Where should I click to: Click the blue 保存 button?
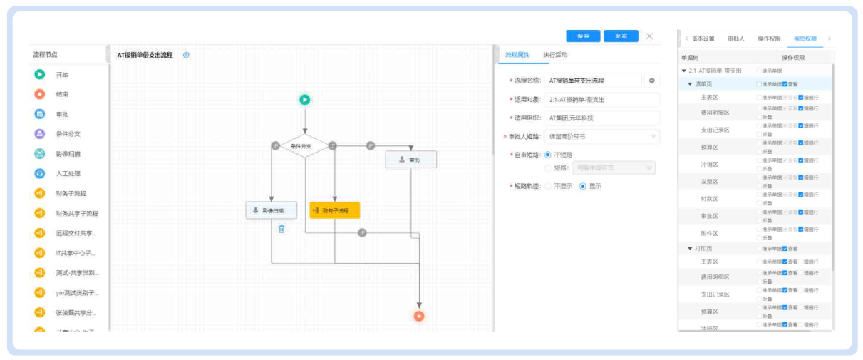[x=583, y=36]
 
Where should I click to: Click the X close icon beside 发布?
[x=649, y=36]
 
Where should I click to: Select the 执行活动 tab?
[x=555, y=55]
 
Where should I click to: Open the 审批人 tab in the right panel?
[x=735, y=38]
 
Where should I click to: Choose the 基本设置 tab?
[x=703, y=38]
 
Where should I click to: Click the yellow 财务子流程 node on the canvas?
[x=334, y=210]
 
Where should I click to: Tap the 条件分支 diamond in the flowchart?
[x=305, y=145]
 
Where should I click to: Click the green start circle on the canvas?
[x=304, y=100]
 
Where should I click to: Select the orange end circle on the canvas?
[x=419, y=316]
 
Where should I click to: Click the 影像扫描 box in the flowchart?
[x=271, y=210]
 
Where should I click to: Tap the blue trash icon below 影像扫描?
[x=281, y=229]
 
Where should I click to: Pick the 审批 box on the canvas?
[x=410, y=160]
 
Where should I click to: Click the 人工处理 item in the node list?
[x=68, y=173]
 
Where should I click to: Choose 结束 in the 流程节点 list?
[x=62, y=94]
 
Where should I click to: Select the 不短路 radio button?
[x=548, y=154]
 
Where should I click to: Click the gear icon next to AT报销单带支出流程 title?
[x=187, y=55]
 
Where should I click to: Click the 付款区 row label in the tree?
[x=709, y=199]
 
